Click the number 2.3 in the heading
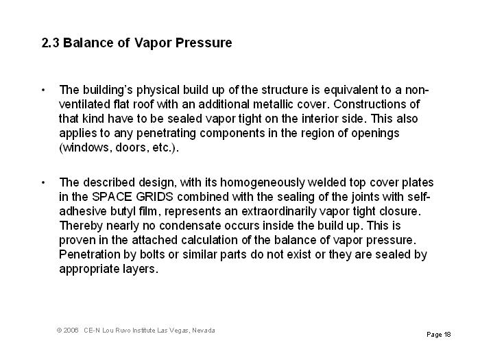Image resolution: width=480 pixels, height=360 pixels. coord(51,43)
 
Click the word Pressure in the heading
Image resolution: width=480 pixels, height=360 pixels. coord(204,43)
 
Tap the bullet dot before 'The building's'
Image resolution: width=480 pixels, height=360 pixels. coord(43,90)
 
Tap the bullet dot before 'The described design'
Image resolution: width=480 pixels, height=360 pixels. coord(43,182)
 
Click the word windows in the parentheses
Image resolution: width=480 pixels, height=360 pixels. coord(85,147)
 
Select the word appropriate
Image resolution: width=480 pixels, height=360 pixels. coord(91,269)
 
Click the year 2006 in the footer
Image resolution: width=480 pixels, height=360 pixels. coord(72,331)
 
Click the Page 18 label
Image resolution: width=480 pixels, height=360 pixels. coord(438,335)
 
